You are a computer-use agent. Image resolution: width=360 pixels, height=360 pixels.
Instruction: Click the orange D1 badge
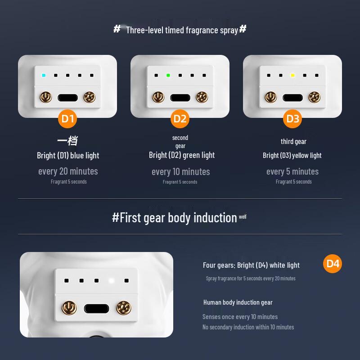68,119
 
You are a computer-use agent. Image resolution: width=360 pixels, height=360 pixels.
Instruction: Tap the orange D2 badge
180,119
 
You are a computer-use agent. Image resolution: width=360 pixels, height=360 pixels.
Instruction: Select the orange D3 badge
293,119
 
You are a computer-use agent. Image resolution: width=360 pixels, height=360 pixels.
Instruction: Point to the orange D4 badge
333,264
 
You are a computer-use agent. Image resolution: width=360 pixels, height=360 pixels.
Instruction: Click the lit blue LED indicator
43,75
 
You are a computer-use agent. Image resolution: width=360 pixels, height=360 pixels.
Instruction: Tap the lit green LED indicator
168,75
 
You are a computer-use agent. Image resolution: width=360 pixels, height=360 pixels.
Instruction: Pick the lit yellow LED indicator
292,75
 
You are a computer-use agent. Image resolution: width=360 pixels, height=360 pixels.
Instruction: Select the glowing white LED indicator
111,281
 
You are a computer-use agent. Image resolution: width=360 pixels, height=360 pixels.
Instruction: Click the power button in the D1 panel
45,97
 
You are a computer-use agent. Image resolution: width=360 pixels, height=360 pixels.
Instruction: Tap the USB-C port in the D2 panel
180,97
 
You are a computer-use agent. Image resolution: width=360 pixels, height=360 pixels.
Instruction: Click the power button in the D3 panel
270,97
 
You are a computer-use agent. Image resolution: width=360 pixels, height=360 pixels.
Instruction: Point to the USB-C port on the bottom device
96,309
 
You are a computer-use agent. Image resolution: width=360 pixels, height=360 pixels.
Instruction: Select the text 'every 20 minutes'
68,171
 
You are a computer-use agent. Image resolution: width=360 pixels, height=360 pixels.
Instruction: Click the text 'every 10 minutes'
180,171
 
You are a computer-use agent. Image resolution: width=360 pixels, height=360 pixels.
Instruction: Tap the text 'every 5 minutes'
292,171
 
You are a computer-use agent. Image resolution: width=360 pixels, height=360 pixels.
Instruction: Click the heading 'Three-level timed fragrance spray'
181,30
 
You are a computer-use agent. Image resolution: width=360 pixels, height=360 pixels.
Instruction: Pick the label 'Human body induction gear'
238,302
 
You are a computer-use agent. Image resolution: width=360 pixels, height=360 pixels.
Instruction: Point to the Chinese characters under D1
67,141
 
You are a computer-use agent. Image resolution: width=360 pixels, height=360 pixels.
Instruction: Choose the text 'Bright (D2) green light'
182,155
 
